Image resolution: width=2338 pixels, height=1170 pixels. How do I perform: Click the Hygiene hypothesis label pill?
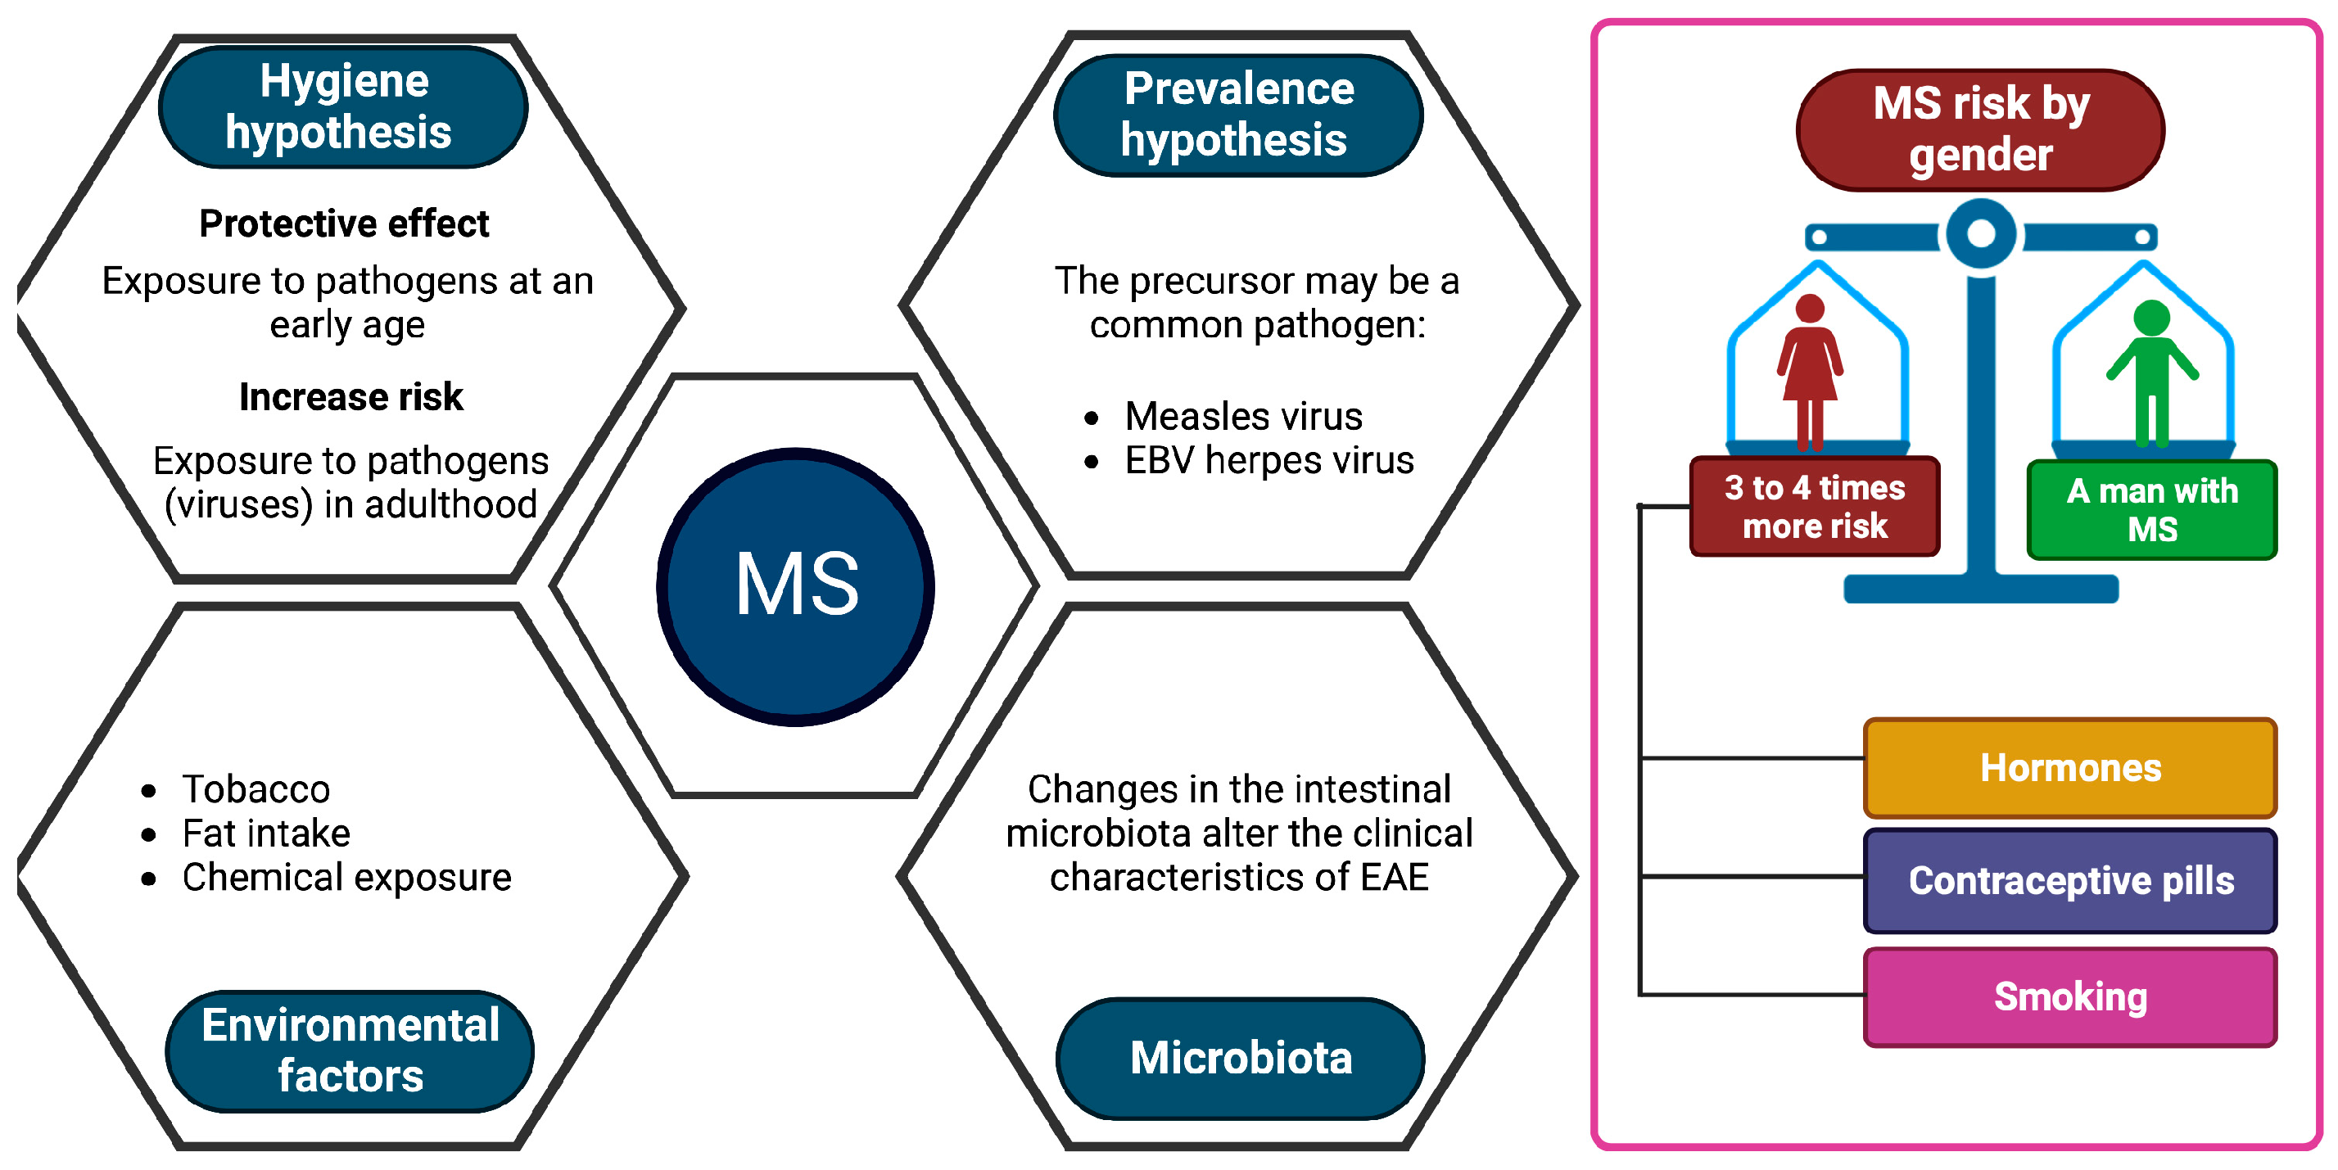click(x=343, y=107)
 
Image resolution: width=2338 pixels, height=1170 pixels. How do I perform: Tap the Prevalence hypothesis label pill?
click(x=1238, y=115)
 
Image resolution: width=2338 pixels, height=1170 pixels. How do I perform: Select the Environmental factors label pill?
click(x=350, y=1051)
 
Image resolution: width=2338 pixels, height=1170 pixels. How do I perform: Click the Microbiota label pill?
click(x=1241, y=1059)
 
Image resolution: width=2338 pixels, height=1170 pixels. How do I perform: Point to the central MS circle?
click(x=796, y=586)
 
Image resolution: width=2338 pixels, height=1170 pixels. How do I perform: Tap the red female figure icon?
click(x=1810, y=373)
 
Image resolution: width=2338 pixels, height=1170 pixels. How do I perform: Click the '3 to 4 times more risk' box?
click(x=1815, y=507)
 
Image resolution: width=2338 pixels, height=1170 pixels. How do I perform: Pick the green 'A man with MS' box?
click(x=2152, y=510)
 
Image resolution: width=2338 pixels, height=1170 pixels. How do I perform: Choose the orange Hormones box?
click(x=2069, y=768)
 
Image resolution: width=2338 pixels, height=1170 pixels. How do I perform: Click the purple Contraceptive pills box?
click(x=2069, y=880)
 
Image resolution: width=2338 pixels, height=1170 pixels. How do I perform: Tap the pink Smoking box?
click(x=2069, y=996)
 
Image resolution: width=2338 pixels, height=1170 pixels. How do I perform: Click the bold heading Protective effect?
click(x=344, y=224)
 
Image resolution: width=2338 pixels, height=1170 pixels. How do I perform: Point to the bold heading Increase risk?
click(x=350, y=396)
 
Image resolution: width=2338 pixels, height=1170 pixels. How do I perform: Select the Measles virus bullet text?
click(x=1242, y=417)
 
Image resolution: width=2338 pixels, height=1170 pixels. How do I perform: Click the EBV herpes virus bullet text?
click(x=1268, y=460)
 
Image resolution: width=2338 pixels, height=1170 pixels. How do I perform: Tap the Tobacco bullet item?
click(x=256, y=788)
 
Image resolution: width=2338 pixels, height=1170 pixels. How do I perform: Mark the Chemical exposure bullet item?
click(x=346, y=877)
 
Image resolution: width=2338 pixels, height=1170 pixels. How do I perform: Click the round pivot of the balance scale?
click(x=1980, y=234)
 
